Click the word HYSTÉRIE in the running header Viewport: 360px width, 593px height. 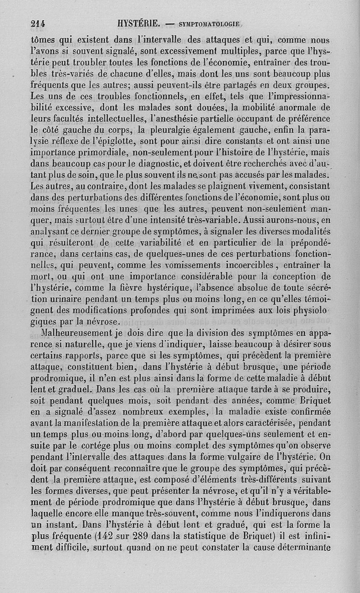(x=136, y=23)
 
